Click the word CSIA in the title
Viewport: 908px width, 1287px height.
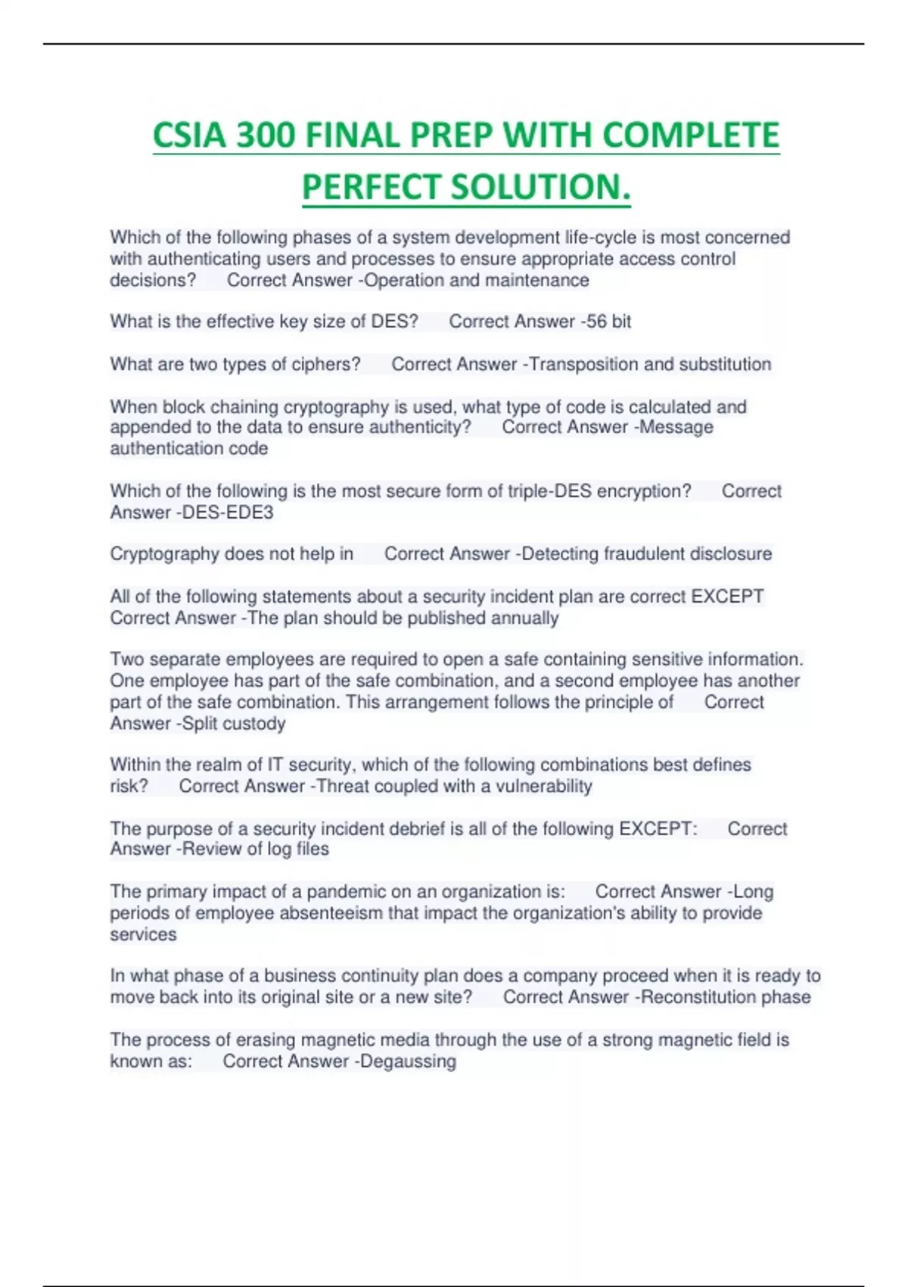click(190, 136)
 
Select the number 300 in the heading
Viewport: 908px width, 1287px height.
click(266, 136)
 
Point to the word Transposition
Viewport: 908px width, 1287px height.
click(583, 364)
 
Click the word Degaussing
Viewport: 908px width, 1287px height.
click(409, 1061)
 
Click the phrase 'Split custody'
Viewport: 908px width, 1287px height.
click(234, 724)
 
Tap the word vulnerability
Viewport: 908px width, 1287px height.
click(544, 787)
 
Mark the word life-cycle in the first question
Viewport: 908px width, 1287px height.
click(601, 238)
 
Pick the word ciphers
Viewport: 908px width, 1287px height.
click(328, 364)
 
